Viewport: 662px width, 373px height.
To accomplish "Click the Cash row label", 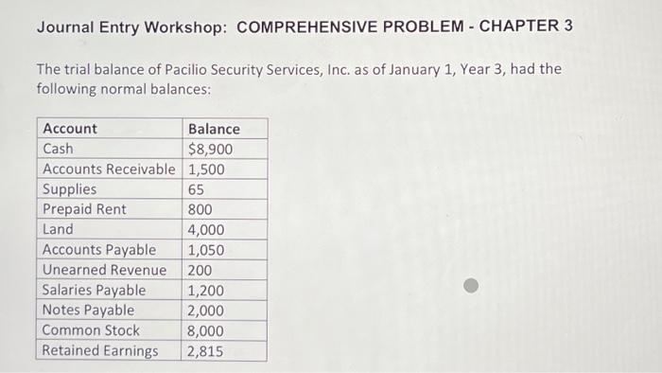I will [x=59, y=149].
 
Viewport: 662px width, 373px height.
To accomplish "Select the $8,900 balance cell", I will [x=211, y=149].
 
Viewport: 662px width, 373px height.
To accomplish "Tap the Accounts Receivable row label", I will [x=109, y=169].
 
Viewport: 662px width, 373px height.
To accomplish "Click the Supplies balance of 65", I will [x=196, y=189].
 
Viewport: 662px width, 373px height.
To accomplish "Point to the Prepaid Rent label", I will [x=84, y=209].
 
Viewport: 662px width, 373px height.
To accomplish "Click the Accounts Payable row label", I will [x=99, y=250].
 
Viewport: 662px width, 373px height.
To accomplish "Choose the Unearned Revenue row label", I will [x=104, y=270].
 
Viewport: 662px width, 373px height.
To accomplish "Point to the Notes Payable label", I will [x=89, y=310].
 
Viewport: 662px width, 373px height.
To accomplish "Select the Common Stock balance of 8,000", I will [x=206, y=330].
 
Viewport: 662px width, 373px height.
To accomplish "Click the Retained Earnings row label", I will [x=100, y=350].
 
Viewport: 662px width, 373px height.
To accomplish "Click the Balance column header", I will [x=214, y=129].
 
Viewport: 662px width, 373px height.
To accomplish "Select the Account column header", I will [x=70, y=129].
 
